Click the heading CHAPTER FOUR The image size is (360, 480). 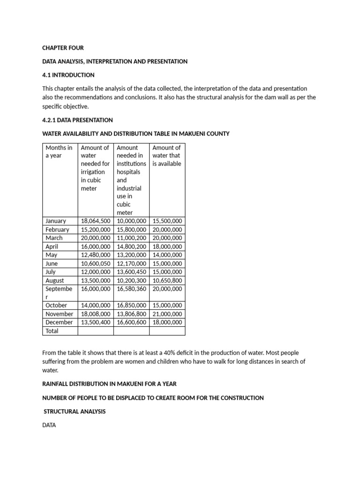(x=63, y=48)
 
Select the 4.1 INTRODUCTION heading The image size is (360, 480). (x=68, y=75)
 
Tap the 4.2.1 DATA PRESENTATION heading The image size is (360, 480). (x=77, y=120)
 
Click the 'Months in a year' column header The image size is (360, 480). (x=59, y=151)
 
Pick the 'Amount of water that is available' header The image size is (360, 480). (x=167, y=156)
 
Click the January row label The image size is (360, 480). (x=56, y=221)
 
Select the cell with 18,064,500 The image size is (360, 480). (x=96, y=221)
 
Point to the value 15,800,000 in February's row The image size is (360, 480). (x=131, y=230)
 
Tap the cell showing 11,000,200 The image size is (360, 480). (x=131, y=238)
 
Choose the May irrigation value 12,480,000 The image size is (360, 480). (x=96, y=255)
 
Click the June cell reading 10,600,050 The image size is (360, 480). (x=96, y=263)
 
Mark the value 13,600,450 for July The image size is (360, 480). (x=131, y=272)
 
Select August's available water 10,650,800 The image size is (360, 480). (x=167, y=280)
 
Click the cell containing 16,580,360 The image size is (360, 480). (x=131, y=289)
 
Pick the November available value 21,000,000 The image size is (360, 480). (x=167, y=314)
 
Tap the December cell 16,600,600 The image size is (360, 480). (x=131, y=322)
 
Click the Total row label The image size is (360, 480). (x=52, y=331)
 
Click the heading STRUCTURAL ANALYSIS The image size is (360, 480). (x=75, y=412)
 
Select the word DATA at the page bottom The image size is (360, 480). (x=49, y=426)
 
